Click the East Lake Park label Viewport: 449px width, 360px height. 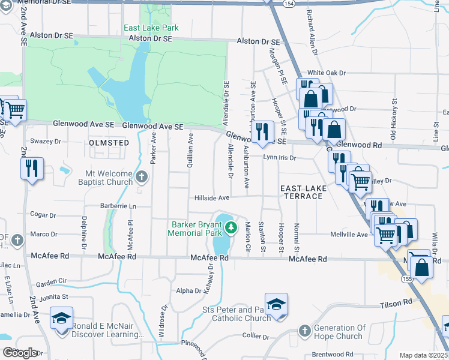tap(151, 28)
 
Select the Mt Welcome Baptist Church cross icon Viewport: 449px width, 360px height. tap(141, 176)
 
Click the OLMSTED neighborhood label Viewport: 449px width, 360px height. tap(109, 143)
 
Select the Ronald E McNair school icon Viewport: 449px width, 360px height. tap(62, 318)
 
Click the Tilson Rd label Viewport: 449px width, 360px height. tap(396, 305)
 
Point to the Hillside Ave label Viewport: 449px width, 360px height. tap(212, 197)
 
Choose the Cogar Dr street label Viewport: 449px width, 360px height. tap(43, 214)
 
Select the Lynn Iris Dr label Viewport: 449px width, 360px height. tap(280, 157)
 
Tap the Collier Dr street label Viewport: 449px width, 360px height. tap(256, 337)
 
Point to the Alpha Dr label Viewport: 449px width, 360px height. tap(184, 291)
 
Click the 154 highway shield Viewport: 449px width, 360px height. tap(290, 4)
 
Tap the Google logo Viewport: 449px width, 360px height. tap(20, 352)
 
